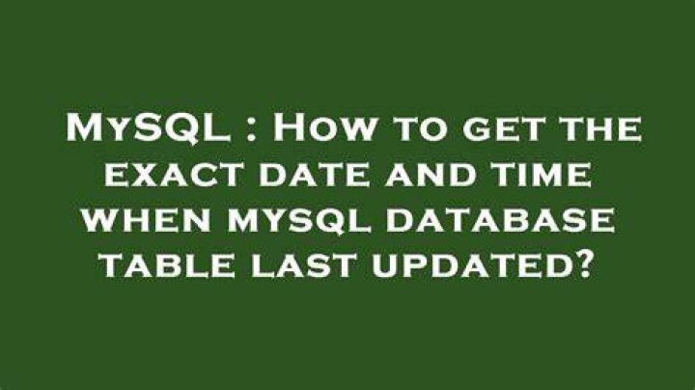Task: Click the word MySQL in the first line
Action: coord(148,128)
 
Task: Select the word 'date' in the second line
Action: coord(314,174)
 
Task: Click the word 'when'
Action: coord(147,220)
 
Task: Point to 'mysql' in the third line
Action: coord(299,221)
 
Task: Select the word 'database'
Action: coord(500,220)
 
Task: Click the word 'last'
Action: coord(302,265)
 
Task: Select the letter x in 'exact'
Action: coord(145,175)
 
